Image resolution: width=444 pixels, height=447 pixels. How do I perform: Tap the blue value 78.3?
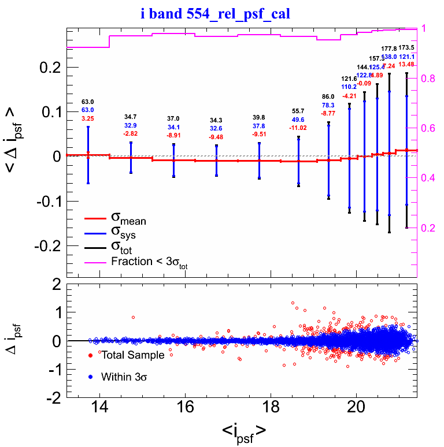click(328, 105)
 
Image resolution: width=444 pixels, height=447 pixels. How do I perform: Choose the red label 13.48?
click(406, 64)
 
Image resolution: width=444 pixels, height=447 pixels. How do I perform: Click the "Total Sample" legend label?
click(133, 355)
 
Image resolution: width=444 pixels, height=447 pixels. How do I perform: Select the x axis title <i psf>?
click(244, 431)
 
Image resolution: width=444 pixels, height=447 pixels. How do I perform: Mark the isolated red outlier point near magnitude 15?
click(133, 317)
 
